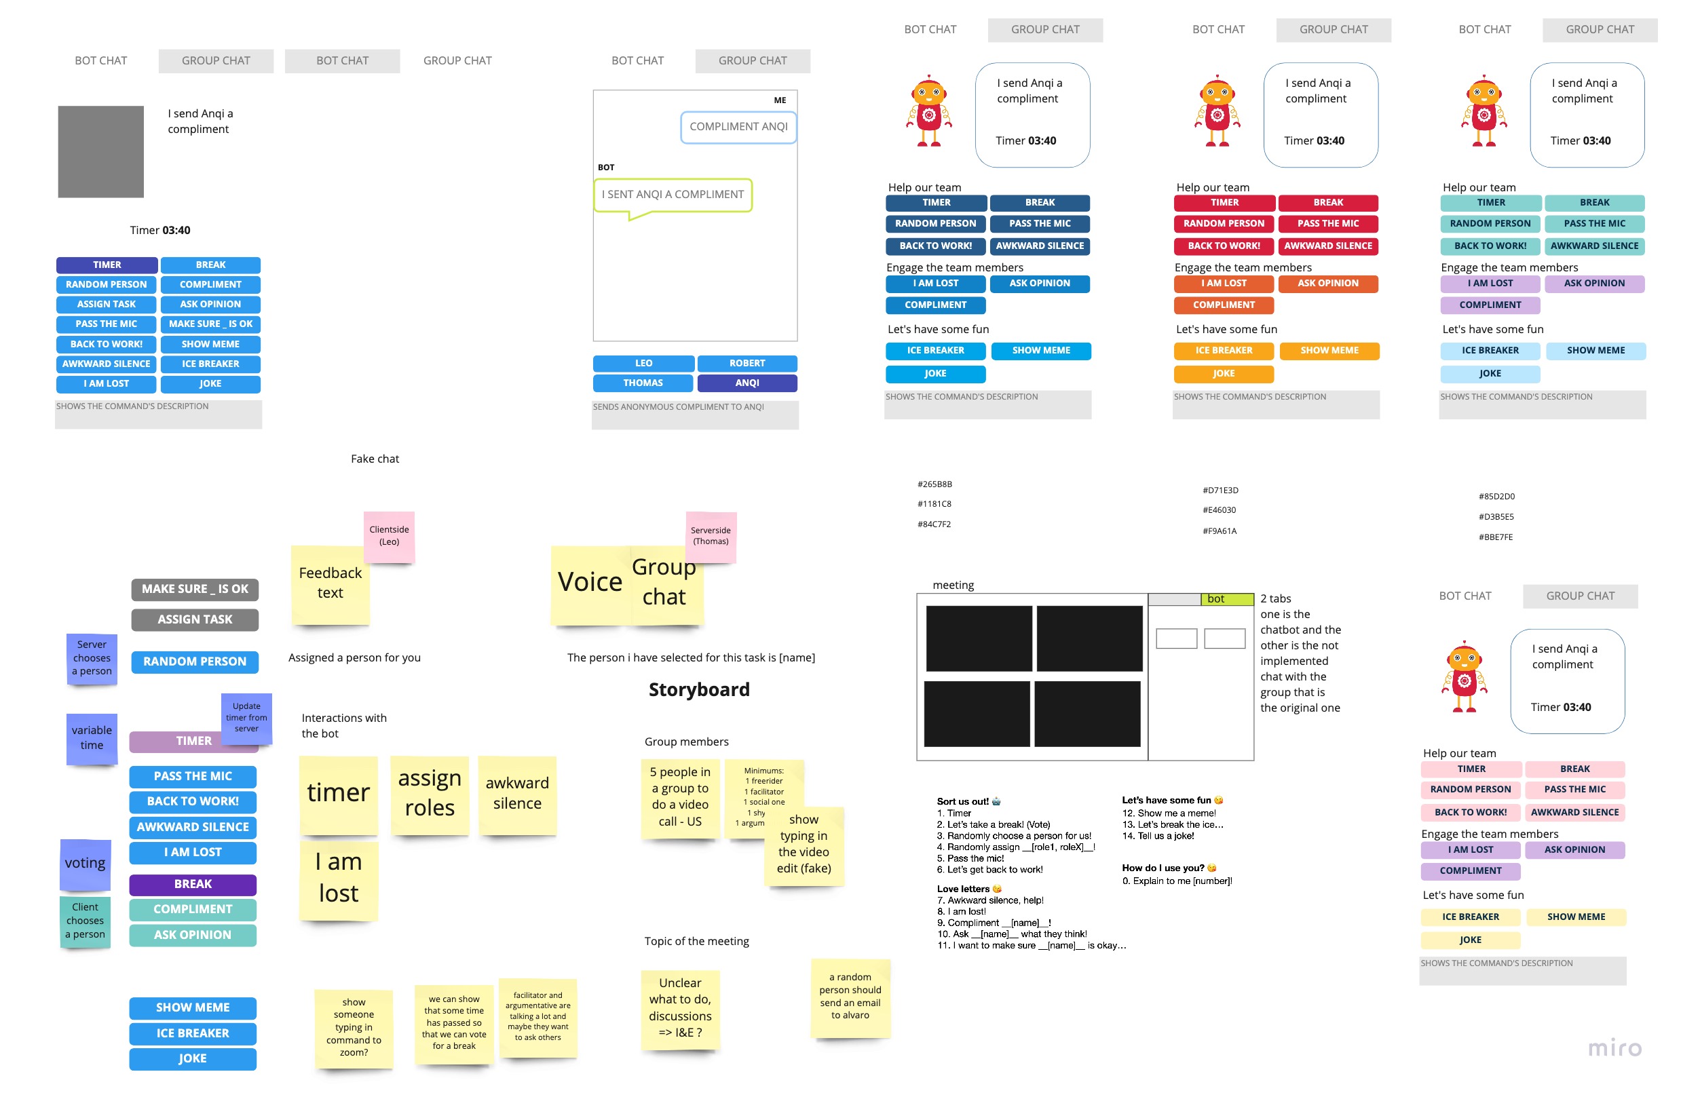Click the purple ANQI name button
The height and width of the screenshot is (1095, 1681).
click(747, 383)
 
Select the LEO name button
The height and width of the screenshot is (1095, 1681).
click(643, 363)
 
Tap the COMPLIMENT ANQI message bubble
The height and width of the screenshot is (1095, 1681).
click(738, 127)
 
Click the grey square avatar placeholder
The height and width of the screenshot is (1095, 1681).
click(100, 151)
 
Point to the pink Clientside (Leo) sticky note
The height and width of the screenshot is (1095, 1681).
click(388, 536)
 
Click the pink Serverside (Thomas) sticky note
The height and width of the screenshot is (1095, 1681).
click(711, 537)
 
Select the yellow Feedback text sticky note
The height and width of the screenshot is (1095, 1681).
click(330, 584)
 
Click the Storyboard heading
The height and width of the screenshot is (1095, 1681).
click(698, 689)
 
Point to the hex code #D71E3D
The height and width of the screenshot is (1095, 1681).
click(1220, 490)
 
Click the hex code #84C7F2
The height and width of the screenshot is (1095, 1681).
click(934, 524)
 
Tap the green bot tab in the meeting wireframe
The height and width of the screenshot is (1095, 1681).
click(1226, 598)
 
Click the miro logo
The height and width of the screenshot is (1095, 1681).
click(1614, 1048)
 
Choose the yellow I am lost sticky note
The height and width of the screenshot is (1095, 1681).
click(339, 879)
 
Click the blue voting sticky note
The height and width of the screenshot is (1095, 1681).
click(86, 864)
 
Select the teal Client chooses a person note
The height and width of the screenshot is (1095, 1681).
click(86, 921)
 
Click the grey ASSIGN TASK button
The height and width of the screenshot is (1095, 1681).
click(194, 619)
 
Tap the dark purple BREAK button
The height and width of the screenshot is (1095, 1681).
click(192, 884)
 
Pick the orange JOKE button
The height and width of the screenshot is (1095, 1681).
click(1224, 373)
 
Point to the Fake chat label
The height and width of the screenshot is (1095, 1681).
click(375, 459)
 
